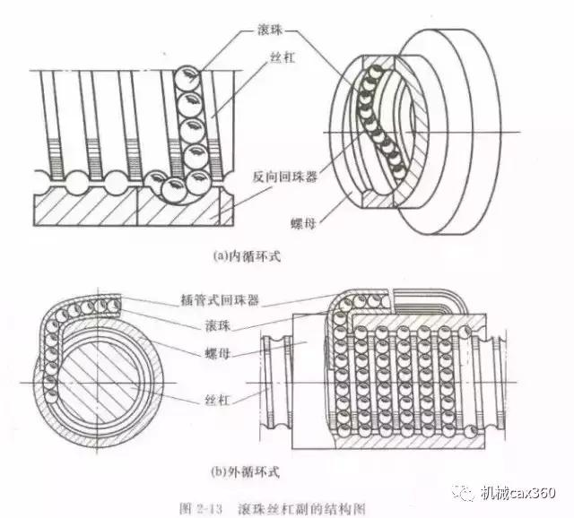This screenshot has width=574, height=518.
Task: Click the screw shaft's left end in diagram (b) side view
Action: [271, 376]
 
